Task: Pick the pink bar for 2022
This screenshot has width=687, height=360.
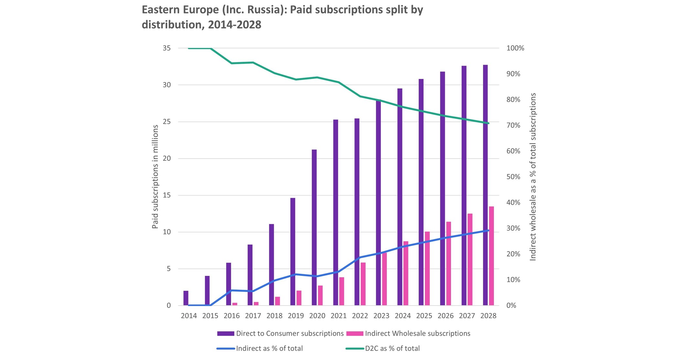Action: pos(363,284)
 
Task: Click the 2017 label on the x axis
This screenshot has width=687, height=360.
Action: pos(253,316)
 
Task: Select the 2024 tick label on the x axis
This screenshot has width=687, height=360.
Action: pos(403,316)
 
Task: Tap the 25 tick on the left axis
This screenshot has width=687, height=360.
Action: pos(166,122)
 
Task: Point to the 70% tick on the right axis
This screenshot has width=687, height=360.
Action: pos(513,125)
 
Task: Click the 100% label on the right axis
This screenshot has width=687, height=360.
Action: pos(515,48)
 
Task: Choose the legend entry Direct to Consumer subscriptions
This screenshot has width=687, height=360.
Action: pos(290,333)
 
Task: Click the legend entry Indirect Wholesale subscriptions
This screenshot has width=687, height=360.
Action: pos(417,333)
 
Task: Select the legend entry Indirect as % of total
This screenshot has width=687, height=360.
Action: pos(269,348)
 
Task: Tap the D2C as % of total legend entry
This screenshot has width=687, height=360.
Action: pos(392,348)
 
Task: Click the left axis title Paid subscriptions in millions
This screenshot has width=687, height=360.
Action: pos(155,177)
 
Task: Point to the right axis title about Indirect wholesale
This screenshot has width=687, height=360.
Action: pos(533,177)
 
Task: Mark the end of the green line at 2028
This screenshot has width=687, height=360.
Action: pos(488,123)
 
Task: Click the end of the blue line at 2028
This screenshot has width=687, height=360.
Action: pos(488,230)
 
